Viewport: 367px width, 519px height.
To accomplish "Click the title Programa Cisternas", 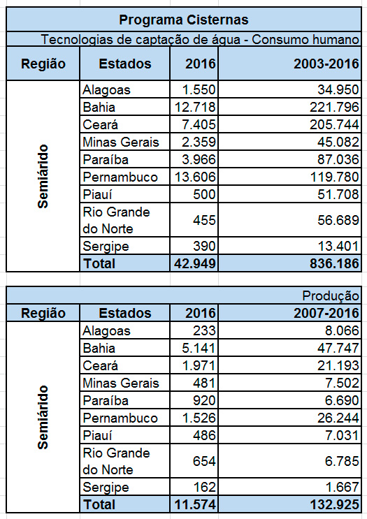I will tap(183, 20).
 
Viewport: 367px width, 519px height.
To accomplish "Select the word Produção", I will tap(331, 296).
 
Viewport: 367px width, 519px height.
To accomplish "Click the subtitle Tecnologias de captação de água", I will tap(200, 40).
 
